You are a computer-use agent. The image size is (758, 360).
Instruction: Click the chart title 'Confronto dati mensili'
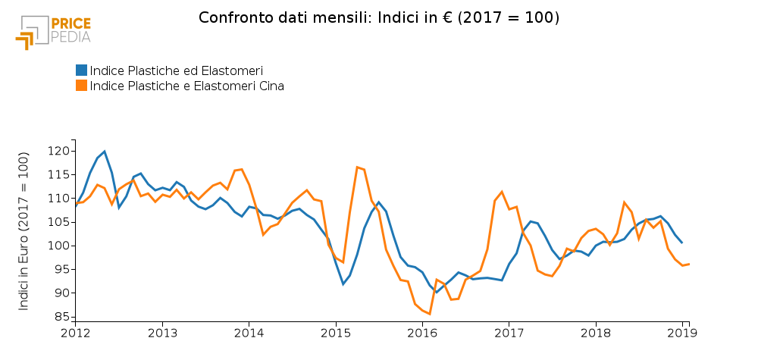click(x=379, y=17)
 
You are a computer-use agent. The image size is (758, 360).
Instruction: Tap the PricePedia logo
click(x=53, y=31)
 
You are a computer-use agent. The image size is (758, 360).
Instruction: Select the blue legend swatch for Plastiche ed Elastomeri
click(x=81, y=70)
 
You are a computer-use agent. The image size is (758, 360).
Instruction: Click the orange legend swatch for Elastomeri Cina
click(x=81, y=86)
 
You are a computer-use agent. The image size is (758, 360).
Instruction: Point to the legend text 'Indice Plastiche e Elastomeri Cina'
click(x=186, y=86)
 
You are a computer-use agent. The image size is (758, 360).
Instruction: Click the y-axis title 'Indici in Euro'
click(x=23, y=231)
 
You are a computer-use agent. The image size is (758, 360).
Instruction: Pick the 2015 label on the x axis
click(x=336, y=333)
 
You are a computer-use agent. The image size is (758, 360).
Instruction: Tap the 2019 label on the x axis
click(x=683, y=333)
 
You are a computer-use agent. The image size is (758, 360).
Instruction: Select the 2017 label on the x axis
click(x=509, y=333)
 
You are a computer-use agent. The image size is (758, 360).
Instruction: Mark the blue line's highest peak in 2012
click(x=104, y=152)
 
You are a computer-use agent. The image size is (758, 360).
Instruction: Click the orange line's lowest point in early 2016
click(x=430, y=314)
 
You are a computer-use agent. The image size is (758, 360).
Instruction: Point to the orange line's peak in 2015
click(x=357, y=167)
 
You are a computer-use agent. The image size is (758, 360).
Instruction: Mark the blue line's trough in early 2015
click(x=343, y=284)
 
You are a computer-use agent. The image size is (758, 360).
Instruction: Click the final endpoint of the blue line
click(x=682, y=243)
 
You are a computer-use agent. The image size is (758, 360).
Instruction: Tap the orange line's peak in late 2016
click(x=502, y=192)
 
